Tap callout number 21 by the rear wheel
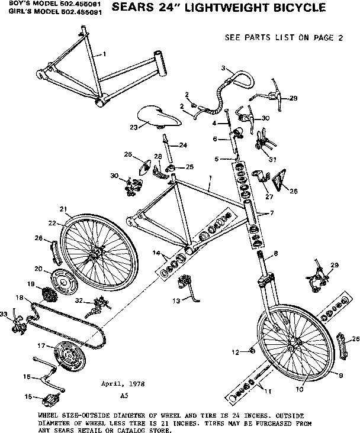click(62, 208)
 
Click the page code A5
click(124, 394)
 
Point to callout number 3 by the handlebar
click(224, 69)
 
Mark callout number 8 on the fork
click(275, 253)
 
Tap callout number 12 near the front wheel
click(234, 352)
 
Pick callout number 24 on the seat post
click(183, 145)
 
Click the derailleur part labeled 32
click(97, 305)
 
